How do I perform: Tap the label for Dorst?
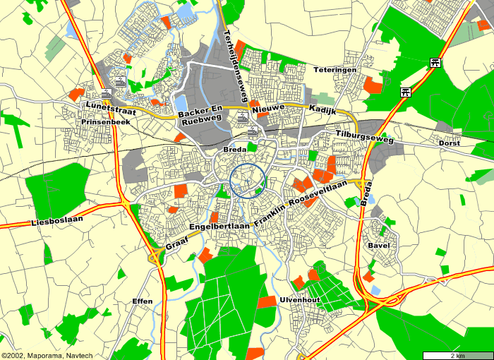coord(449,143)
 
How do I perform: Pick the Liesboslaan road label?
coord(57,222)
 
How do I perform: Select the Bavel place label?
coord(378,246)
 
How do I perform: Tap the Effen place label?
coord(142,301)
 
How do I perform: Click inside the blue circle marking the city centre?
coord(248,181)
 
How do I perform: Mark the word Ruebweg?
coord(197,122)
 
